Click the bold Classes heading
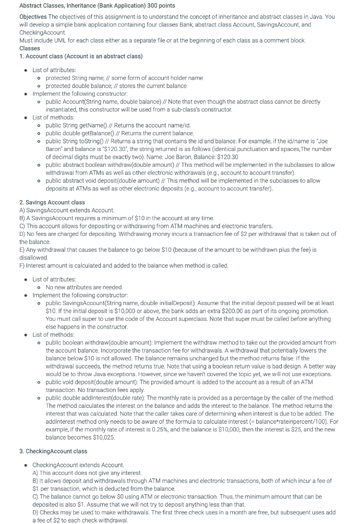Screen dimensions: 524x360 [x=30, y=48]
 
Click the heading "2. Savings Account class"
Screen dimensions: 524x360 [x=52, y=203]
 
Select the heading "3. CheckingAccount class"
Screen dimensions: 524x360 [x=53, y=451]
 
